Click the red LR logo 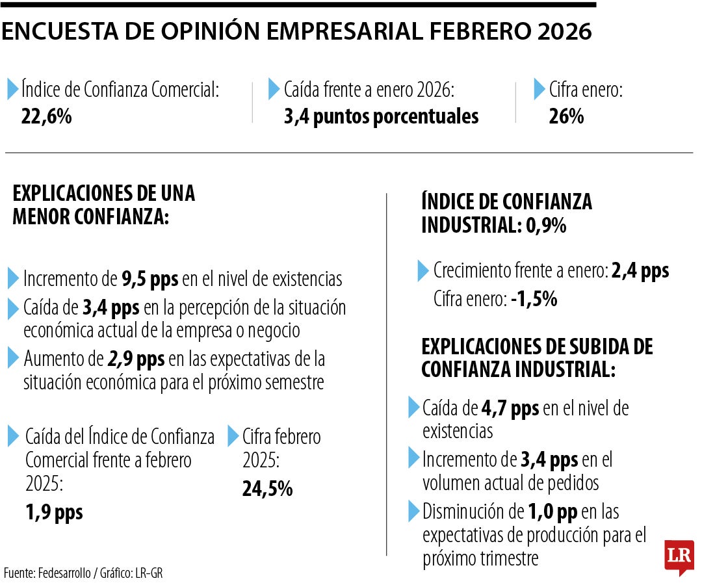click(x=679, y=556)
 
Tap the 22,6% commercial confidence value click(x=46, y=116)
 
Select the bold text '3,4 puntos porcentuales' click(x=381, y=116)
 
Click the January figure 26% click(x=565, y=116)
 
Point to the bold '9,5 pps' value click(x=149, y=279)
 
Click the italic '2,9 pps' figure click(x=136, y=358)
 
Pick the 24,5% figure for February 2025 click(x=267, y=488)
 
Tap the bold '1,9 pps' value click(x=55, y=512)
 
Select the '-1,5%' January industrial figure click(x=534, y=299)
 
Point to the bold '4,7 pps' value click(x=510, y=408)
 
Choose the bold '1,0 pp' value click(x=552, y=512)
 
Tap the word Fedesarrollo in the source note click(x=64, y=573)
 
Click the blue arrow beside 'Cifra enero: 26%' click(x=539, y=89)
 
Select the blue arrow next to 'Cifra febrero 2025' click(x=233, y=436)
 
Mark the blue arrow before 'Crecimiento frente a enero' click(x=423, y=270)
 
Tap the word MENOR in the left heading click(x=42, y=217)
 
